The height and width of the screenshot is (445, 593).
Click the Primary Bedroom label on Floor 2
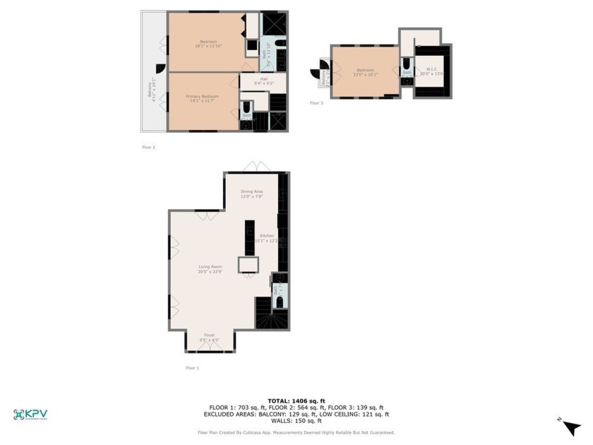point(203,98)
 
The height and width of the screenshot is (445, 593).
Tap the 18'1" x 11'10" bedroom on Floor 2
point(208,44)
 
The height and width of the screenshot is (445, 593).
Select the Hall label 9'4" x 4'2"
point(263,81)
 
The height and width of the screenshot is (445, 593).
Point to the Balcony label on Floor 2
point(149,91)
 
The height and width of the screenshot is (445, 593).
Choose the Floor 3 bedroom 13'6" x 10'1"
point(365,71)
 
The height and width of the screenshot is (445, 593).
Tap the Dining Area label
point(252,194)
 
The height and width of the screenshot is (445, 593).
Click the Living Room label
point(210,268)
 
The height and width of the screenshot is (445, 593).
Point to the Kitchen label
point(267,237)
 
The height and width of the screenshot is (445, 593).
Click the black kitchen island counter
point(249,238)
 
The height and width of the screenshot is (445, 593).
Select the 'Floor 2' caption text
point(148,148)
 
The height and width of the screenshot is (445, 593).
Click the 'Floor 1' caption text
point(193,368)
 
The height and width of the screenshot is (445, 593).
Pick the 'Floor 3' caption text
point(316,103)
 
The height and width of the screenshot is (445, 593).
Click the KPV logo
point(30,415)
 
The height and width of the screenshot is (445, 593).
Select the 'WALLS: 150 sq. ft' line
point(296,421)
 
